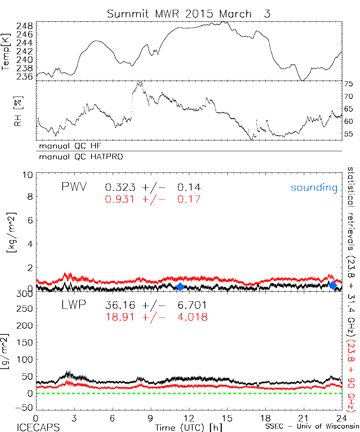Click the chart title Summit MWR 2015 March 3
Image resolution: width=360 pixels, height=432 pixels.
pos(188,14)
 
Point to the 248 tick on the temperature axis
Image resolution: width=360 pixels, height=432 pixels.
pos(24,26)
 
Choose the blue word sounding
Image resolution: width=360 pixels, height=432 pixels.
pos(314,187)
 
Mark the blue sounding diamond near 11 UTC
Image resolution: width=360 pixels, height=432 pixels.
pos(180,287)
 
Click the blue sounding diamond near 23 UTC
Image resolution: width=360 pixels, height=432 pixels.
pos(333,285)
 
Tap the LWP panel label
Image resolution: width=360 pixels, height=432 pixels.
pos(73,305)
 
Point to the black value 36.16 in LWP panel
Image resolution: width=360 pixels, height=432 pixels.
pos(121,305)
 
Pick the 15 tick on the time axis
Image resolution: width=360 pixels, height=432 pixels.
pos(227,418)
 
